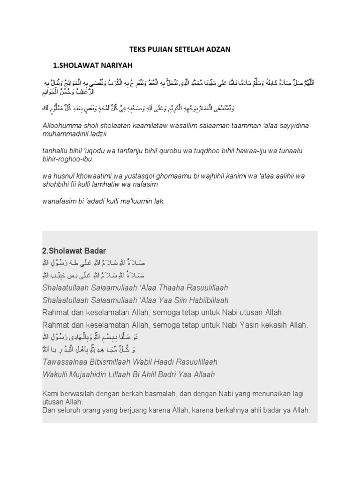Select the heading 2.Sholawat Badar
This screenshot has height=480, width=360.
click(71, 251)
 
